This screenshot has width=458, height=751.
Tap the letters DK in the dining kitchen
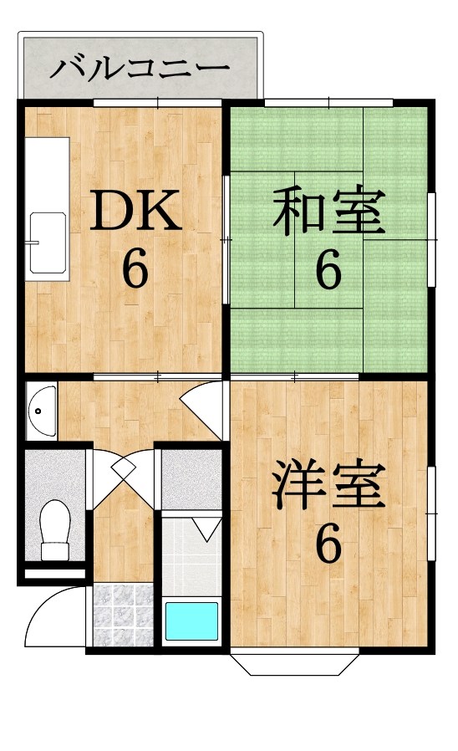coord(136,210)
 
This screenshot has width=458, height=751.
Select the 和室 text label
coord(329,212)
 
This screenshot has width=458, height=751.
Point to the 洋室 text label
coord(329,485)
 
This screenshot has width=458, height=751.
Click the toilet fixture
coord(54,530)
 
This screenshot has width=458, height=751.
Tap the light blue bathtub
coord(191,621)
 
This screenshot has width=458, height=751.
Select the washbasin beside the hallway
coord(41,411)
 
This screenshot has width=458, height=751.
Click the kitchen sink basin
coord(48,243)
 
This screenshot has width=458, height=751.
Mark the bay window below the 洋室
coord(294,664)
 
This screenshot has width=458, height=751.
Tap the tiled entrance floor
coord(123,615)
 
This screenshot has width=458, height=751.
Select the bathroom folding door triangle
coord(206,529)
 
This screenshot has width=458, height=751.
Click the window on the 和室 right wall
coord(432,239)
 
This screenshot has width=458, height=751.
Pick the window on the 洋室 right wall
coord(432,513)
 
